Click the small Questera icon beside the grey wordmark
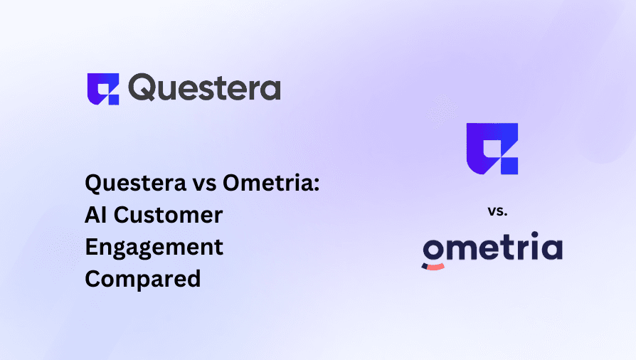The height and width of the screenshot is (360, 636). click(x=102, y=89)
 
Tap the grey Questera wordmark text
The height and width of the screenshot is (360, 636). click(x=205, y=88)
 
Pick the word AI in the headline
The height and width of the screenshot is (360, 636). click(x=96, y=215)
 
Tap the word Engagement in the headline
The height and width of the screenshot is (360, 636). click(x=154, y=247)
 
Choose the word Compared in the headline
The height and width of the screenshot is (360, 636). click(x=142, y=279)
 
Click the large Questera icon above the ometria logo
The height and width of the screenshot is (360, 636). click(x=492, y=148)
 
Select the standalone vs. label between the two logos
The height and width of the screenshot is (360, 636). click(x=492, y=211)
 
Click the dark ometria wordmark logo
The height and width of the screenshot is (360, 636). click(x=492, y=249)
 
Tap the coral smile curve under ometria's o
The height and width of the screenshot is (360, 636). click(x=433, y=266)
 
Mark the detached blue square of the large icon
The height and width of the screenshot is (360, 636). click(x=510, y=166)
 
